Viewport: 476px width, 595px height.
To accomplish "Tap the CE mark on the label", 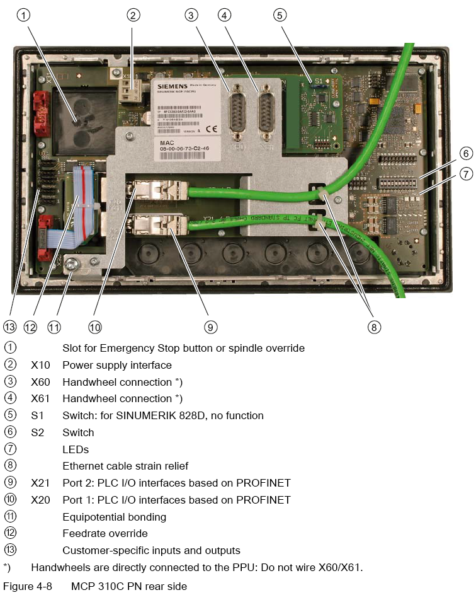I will tap(212, 129).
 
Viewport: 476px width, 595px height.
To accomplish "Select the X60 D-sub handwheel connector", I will tap(239, 113).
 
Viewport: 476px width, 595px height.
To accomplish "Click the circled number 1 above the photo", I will tap(25, 15).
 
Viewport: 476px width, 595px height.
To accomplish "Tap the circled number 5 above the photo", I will tap(280, 15).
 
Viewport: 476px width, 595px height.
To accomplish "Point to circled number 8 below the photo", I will tap(375, 326).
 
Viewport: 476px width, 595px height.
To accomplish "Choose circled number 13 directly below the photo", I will tap(9, 326).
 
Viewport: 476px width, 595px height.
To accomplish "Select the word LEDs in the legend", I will tap(76, 449).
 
